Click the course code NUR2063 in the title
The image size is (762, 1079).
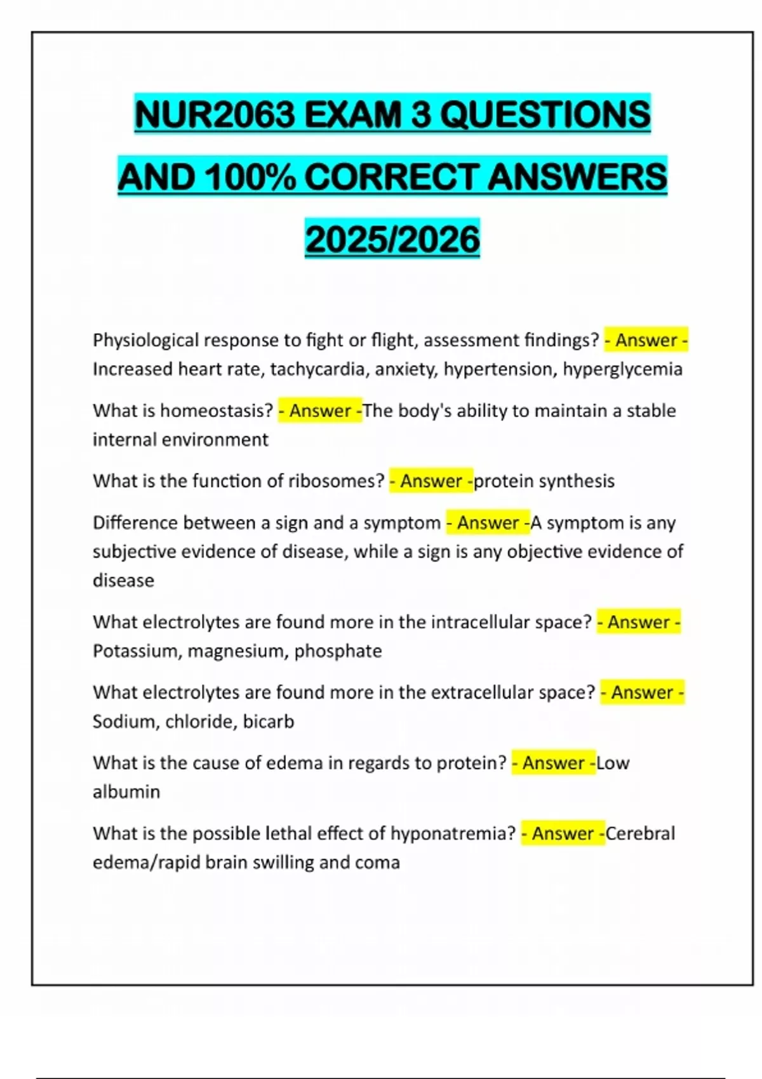(215, 115)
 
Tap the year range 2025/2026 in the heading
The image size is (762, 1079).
(392, 239)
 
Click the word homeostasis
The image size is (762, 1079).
(217, 411)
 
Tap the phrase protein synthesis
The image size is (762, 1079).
(544, 481)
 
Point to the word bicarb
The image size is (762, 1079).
(269, 722)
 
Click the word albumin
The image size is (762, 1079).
(126, 792)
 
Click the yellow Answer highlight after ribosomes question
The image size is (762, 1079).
(431, 481)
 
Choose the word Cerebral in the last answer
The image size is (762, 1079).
(640, 833)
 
